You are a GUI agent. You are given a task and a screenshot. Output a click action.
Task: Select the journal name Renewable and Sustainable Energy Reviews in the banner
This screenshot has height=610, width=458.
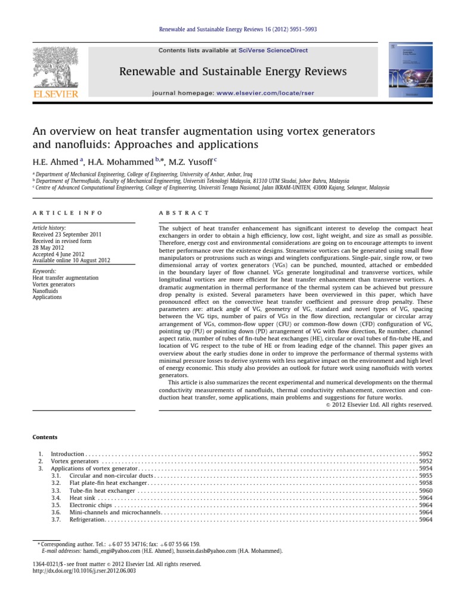[233, 72]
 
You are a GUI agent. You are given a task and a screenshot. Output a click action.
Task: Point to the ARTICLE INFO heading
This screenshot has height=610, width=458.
[67, 213]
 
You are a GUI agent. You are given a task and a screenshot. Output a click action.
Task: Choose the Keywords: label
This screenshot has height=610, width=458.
[46, 271]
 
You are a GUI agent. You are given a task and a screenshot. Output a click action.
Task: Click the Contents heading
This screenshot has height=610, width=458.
[45, 438]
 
